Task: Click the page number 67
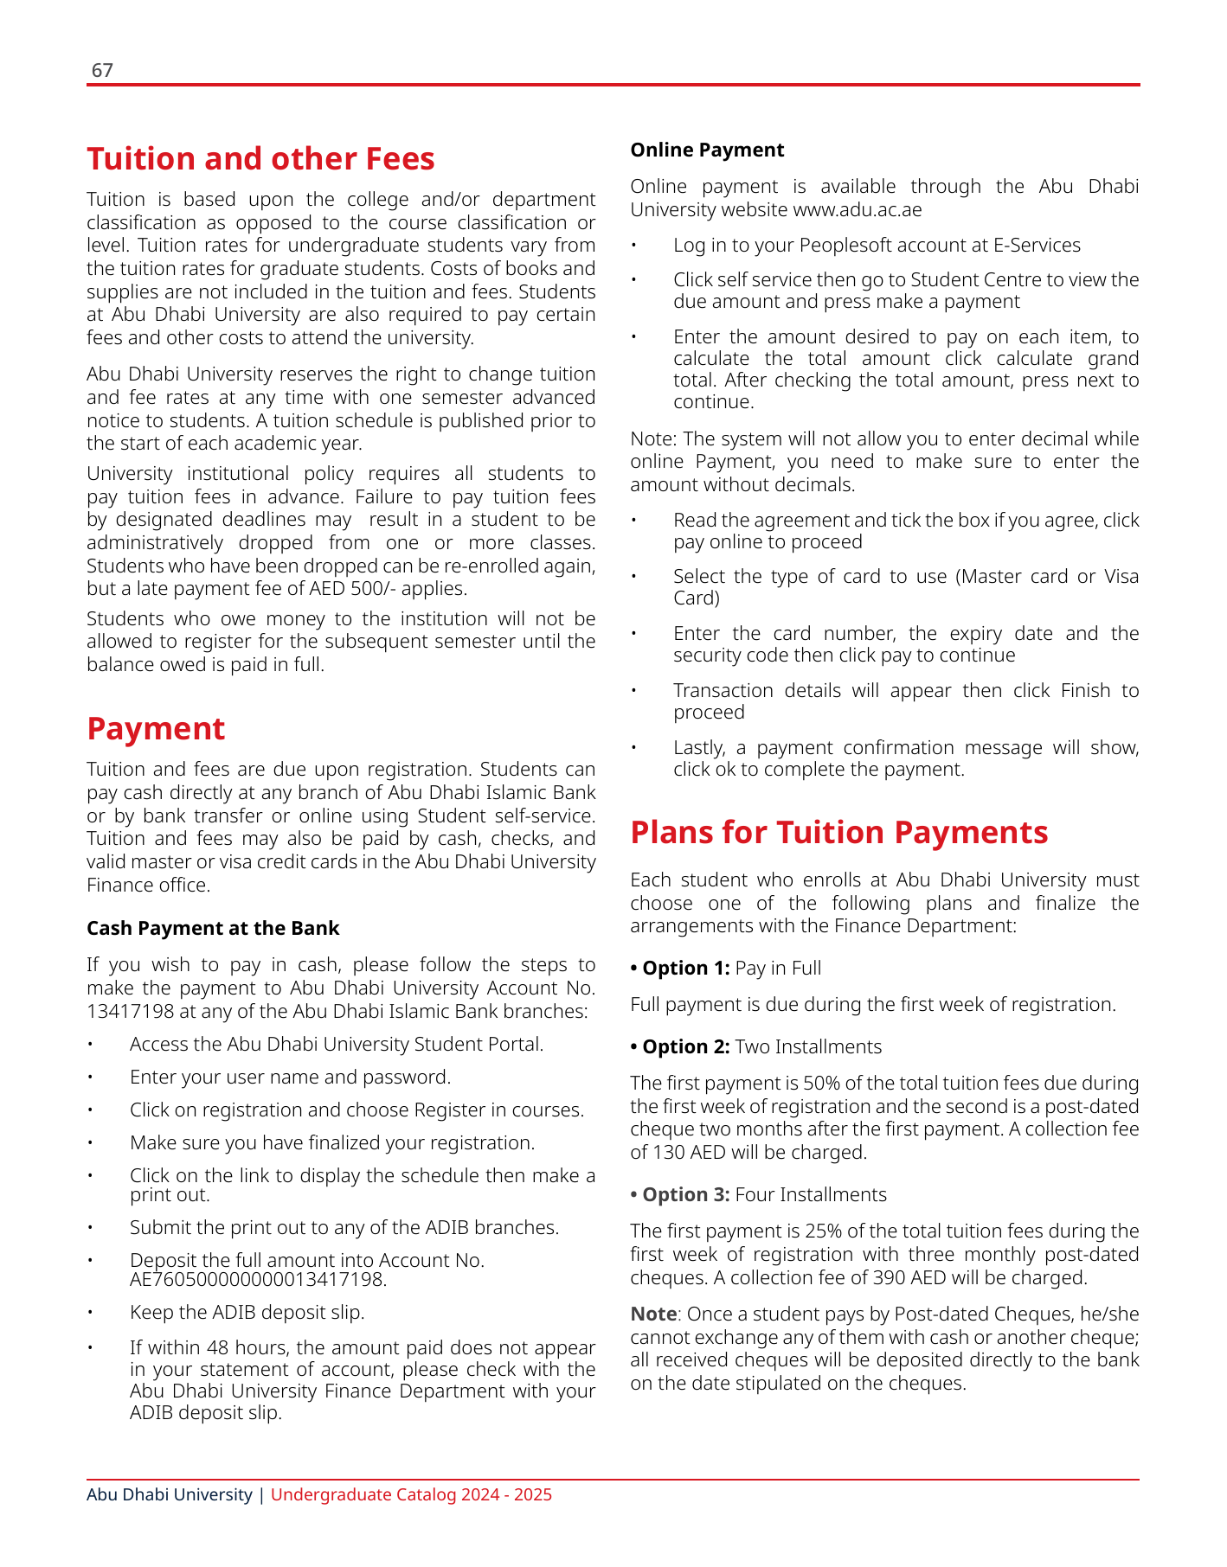click(x=102, y=70)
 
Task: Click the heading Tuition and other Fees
click(x=260, y=159)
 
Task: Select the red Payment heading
click(x=156, y=729)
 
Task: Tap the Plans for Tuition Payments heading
click(x=838, y=832)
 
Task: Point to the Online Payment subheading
click(x=707, y=150)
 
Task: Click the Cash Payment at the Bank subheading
click(x=213, y=929)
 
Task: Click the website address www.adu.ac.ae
click(x=857, y=210)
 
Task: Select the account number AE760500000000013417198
click(x=258, y=1279)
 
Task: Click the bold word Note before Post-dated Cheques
click(x=653, y=1314)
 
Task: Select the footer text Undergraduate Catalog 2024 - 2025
click(x=411, y=1495)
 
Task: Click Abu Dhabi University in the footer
click(x=170, y=1495)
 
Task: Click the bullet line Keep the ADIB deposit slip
click(x=247, y=1313)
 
